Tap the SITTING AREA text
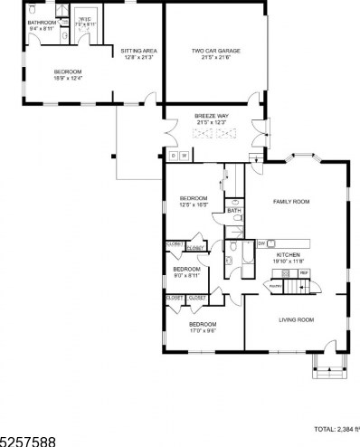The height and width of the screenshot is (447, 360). (139, 51)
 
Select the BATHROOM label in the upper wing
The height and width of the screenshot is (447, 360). (42, 23)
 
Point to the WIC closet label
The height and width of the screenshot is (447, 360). (84, 19)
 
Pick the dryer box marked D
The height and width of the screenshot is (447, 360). (173, 156)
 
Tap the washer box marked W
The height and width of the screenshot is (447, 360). (184, 156)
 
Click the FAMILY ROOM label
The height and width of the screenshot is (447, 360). (292, 201)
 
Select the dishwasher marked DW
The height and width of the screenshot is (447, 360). (261, 243)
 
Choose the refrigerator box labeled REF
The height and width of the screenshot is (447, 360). (304, 272)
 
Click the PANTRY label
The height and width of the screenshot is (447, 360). (273, 286)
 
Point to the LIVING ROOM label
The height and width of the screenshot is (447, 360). (296, 319)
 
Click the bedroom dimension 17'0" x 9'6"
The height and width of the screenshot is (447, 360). (202, 330)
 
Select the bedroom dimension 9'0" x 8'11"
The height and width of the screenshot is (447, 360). (186, 275)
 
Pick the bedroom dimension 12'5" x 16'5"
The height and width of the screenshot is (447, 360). (194, 204)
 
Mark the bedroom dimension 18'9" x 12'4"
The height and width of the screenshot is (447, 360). (68, 78)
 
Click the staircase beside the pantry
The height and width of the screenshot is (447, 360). (299, 287)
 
